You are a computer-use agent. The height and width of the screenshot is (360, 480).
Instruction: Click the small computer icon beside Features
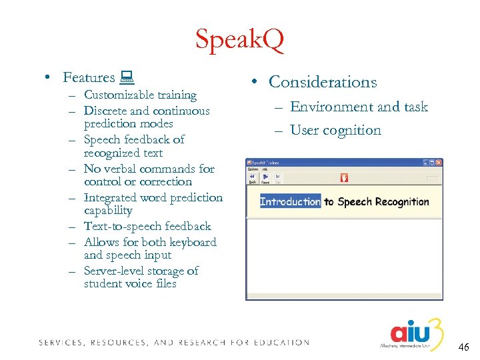tap(127, 78)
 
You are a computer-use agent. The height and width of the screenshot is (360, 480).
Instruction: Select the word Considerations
tap(323, 82)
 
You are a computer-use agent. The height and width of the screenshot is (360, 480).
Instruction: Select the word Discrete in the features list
tap(105, 111)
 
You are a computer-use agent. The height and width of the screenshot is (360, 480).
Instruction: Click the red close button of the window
tap(437, 163)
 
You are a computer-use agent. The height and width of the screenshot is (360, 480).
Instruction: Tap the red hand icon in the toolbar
tap(344, 178)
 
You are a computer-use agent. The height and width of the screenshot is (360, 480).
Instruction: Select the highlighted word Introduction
tap(290, 202)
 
